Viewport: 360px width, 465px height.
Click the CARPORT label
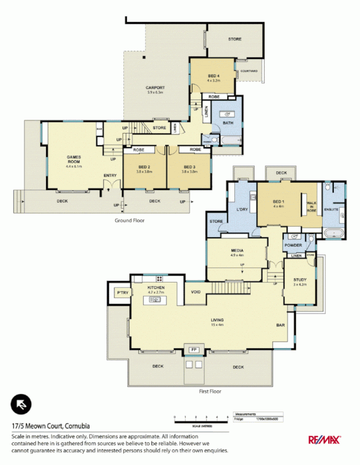tap(155, 88)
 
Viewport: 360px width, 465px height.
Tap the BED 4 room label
tap(214, 76)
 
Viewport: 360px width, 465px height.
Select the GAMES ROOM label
tap(74, 158)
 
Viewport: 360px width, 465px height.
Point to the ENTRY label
tap(110, 175)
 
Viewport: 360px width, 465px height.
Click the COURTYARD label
tap(249, 71)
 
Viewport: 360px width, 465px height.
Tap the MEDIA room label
tap(237, 252)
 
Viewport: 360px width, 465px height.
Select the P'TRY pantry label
tap(122, 292)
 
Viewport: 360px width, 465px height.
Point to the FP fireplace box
tap(193, 350)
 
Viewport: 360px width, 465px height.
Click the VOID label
tap(196, 292)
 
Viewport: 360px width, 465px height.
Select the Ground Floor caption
tap(129, 220)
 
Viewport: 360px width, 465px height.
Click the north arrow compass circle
tap(22, 403)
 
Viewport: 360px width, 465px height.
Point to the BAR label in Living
tap(280, 325)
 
